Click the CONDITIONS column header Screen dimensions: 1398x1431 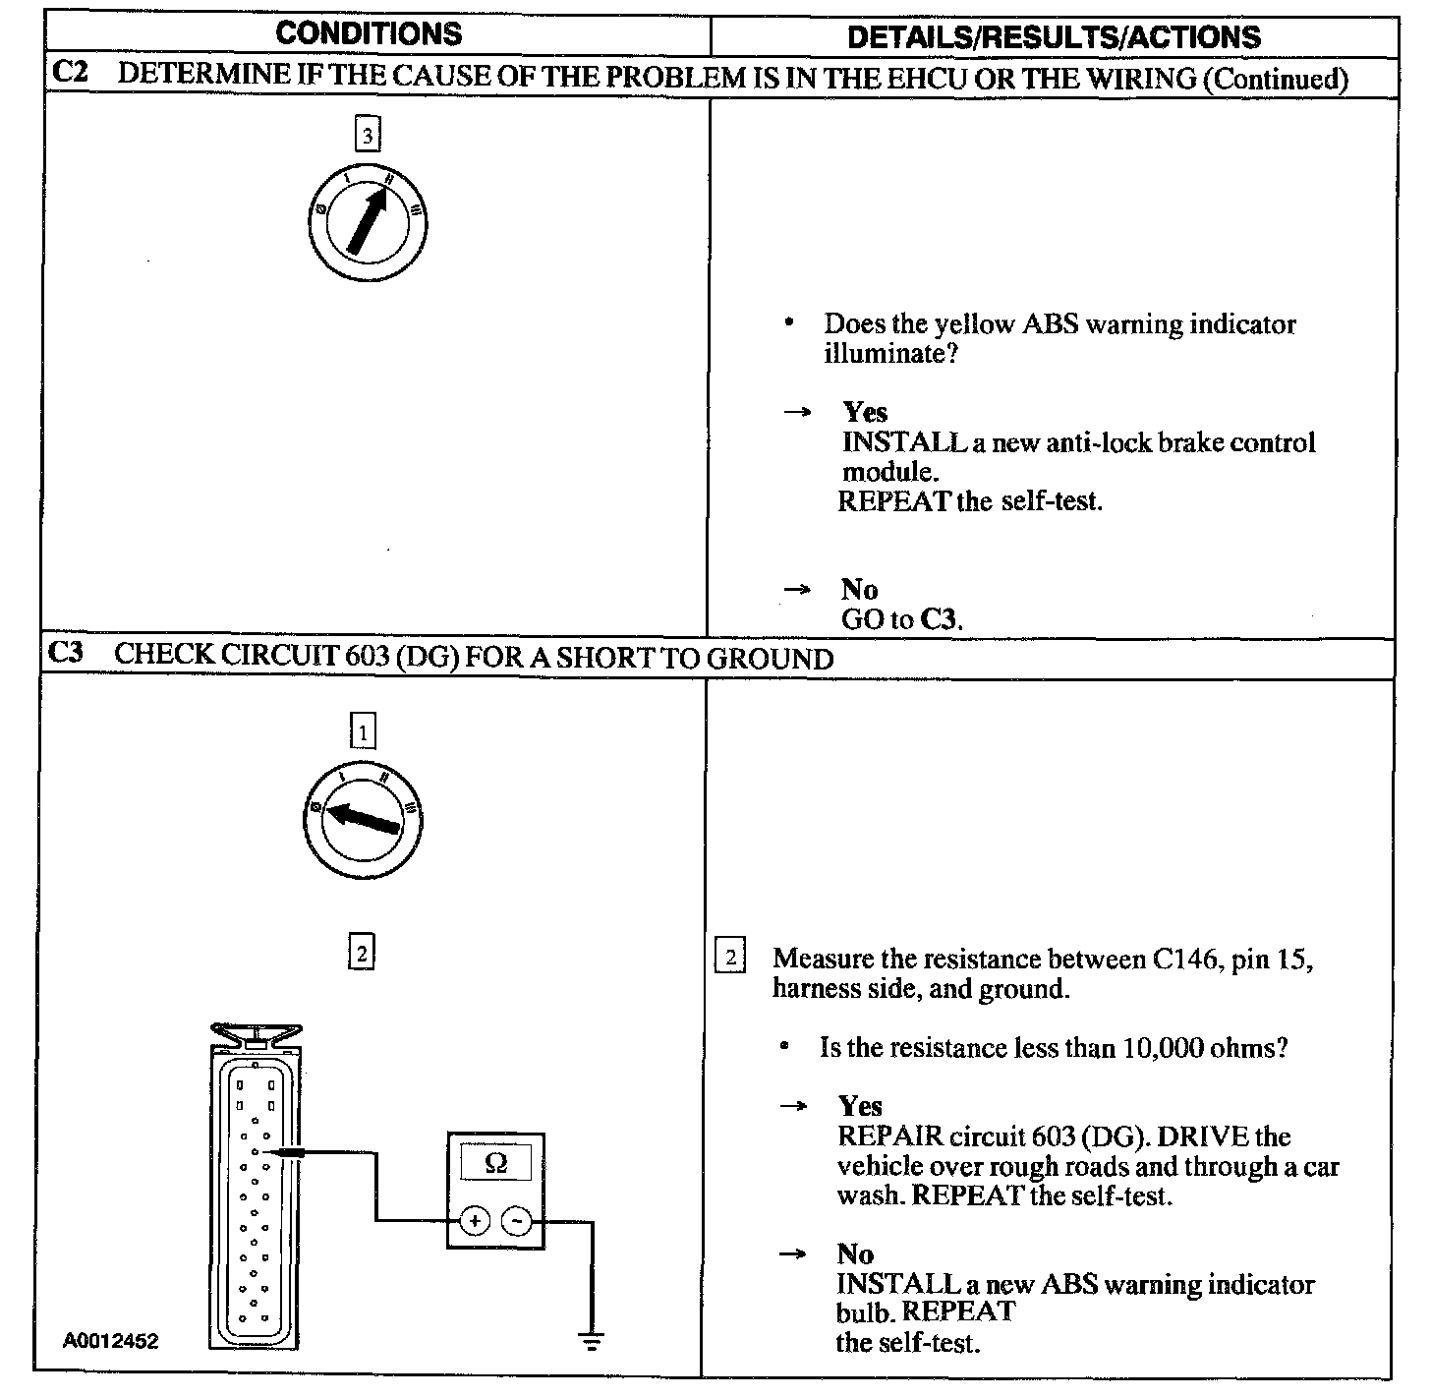pyautogui.click(x=369, y=33)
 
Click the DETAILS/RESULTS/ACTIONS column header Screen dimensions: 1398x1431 pyautogui.click(x=1054, y=37)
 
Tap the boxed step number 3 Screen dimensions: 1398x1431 pyautogui.click(x=367, y=135)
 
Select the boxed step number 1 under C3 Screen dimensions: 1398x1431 pyautogui.click(x=363, y=731)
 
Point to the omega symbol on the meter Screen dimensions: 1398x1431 pyautogui.click(x=496, y=1163)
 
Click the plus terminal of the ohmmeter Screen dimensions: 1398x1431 pyautogui.click(x=475, y=1221)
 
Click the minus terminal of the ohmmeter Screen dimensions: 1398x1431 pyautogui.click(x=517, y=1221)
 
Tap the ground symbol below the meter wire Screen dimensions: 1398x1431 pyautogui.click(x=591, y=1340)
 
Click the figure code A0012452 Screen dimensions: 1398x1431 pyautogui.click(x=111, y=1340)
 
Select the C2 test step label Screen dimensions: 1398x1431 pyautogui.click(x=69, y=77)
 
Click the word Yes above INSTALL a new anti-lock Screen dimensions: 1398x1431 pyautogui.click(x=865, y=412)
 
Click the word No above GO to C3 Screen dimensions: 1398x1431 pyautogui.click(x=859, y=589)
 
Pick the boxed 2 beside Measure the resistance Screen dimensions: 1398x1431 pyautogui.click(x=730, y=958)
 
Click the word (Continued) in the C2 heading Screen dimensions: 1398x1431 pyautogui.click(x=1276, y=79)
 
